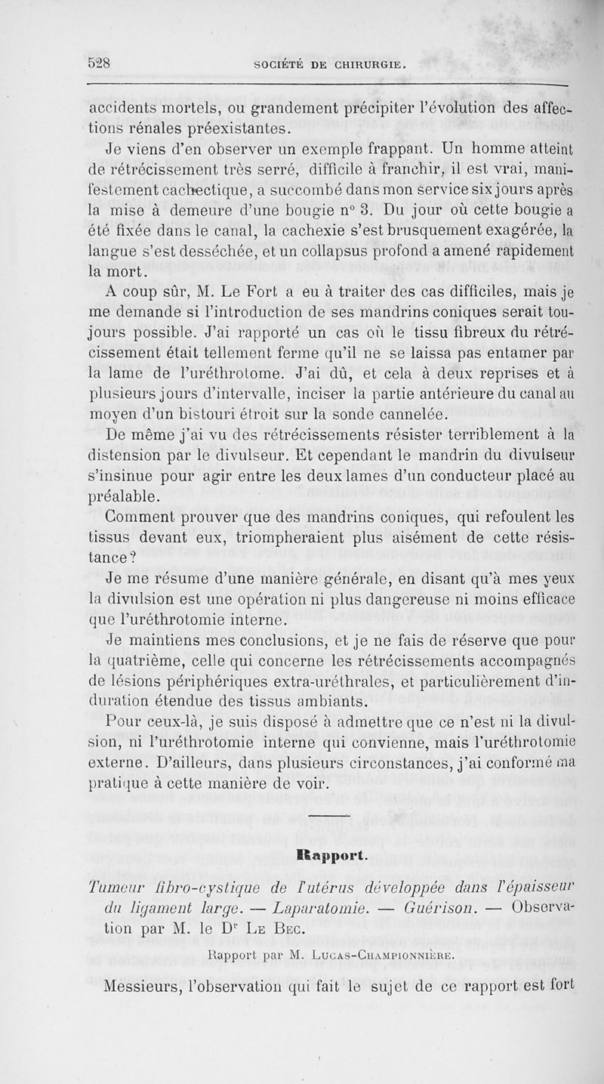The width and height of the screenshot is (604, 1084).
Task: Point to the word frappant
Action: click(372, 146)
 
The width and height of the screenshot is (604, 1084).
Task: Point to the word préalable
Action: click(123, 496)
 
